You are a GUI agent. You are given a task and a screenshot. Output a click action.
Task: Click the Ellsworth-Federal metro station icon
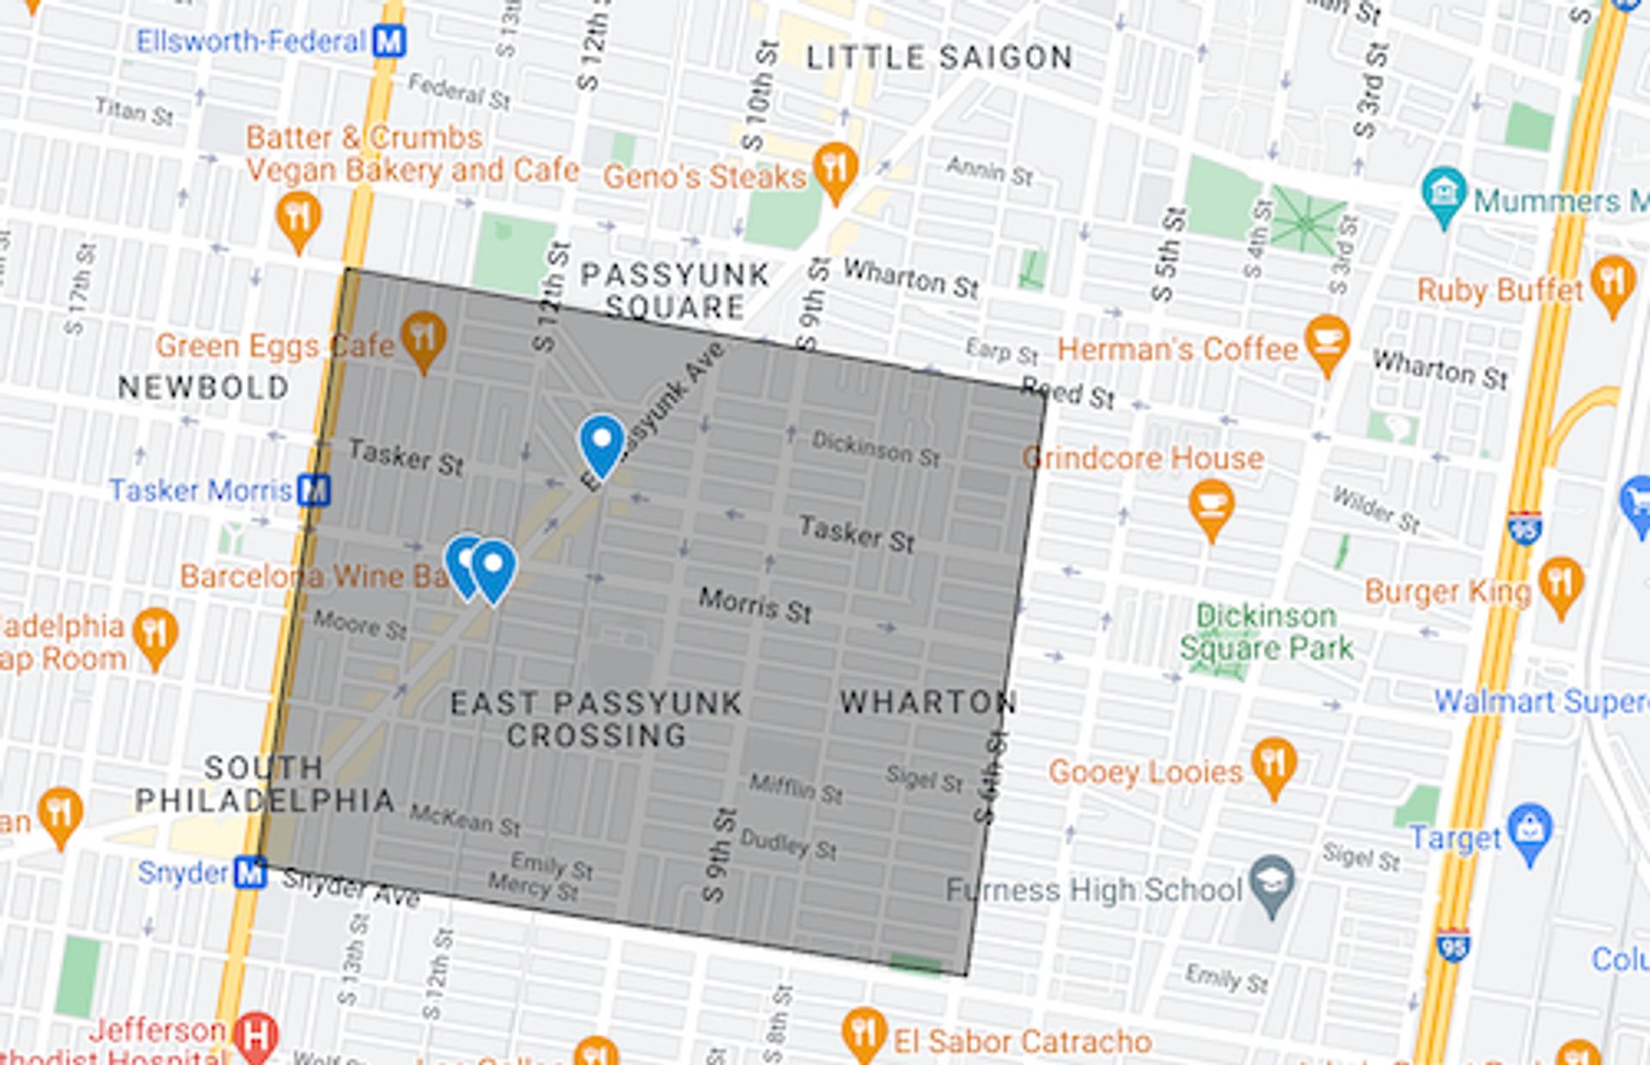tap(388, 40)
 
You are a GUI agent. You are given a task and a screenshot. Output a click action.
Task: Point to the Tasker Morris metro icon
tap(314, 490)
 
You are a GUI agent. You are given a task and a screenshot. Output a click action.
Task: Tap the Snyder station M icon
tap(250, 873)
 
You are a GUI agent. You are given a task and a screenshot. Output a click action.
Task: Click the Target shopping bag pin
tap(1530, 829)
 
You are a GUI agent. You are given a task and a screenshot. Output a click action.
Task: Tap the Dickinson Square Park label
tap(1266, 631)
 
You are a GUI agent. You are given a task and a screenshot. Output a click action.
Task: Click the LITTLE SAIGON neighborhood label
tap(938, 58)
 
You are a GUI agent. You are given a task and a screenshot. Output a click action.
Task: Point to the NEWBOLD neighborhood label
tap(203, 387)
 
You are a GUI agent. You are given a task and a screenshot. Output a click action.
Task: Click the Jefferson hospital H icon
tap(256, 1035)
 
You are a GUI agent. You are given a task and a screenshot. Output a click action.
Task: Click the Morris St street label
tap(755, 605)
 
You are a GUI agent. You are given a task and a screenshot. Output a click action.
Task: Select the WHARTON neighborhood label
tap(928, 702)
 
